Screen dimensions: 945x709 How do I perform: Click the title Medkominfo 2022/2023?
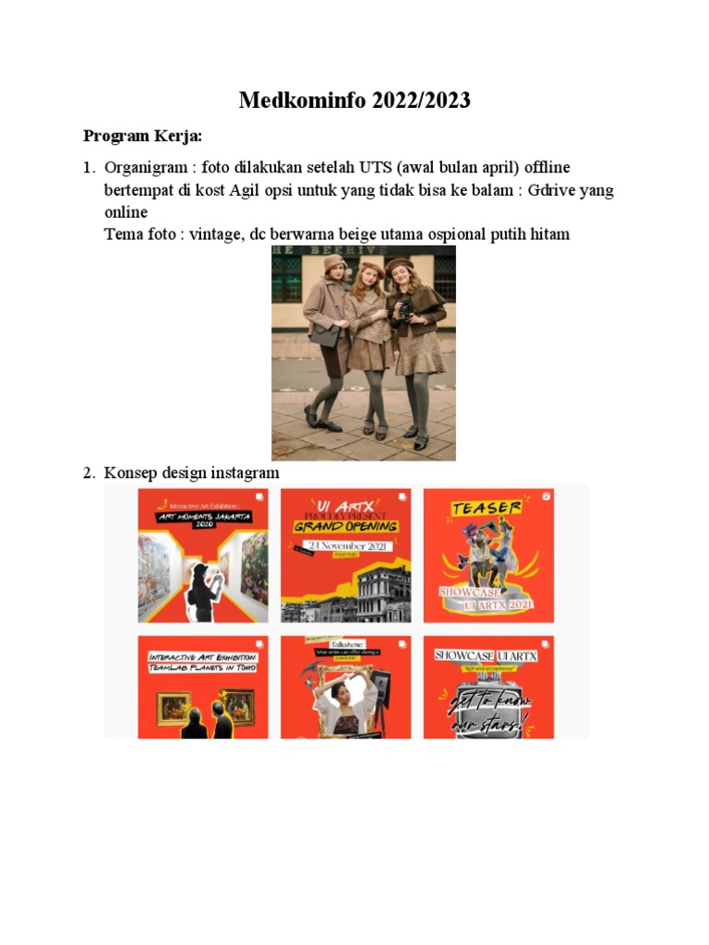[x=354, y=101]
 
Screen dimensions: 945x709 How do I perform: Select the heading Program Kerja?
[x=142, y=137]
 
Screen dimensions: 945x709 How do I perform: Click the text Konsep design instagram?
[x=192, y=472]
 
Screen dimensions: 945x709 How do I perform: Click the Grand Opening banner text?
[x=346, y=526]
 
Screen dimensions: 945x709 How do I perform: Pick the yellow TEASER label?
[x=487, y=508]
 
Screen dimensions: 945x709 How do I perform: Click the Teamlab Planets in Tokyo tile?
[x=203, y=687]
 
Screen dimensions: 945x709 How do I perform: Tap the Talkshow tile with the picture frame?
[x=346, y=687]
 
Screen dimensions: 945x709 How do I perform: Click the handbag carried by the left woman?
[x=323, y=334]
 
